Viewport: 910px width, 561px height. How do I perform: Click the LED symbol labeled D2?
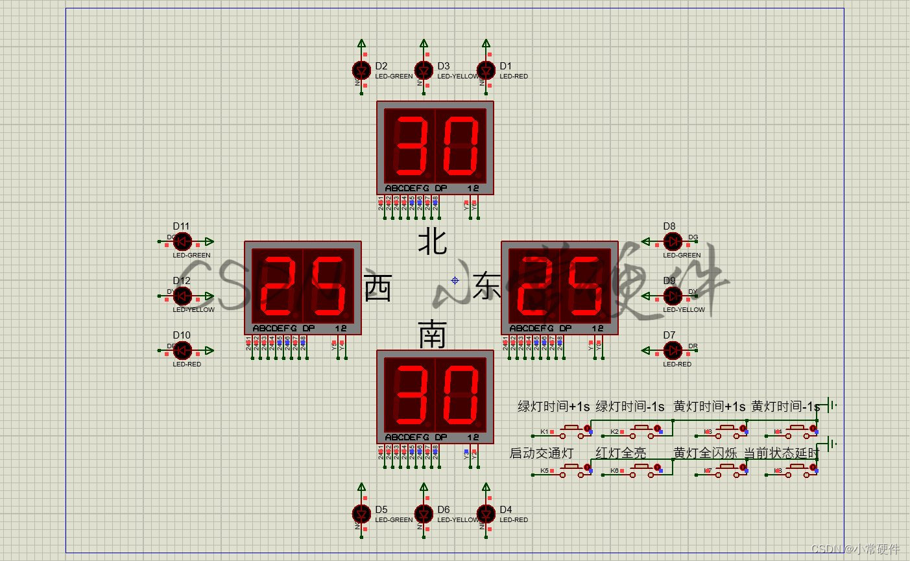[x=361, y=70]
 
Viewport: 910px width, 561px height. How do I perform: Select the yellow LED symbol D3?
[x=424, y=70]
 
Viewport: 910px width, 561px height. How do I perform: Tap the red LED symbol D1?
[x=486, y=70]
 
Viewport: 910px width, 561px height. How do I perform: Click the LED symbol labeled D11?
[x=183, y=241]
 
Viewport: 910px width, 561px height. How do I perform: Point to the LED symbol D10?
[x=183, y=350]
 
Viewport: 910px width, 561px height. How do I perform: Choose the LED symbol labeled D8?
[x=673, y=241]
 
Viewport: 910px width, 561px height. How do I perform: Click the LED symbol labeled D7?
[x=673, y=350]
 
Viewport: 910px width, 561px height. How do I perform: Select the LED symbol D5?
[x=361, y=514]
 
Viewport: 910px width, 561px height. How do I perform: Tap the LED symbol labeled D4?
[x=486, y=514]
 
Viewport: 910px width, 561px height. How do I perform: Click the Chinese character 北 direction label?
[x=432, y=242]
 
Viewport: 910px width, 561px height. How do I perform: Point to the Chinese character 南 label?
[x=432, y=333]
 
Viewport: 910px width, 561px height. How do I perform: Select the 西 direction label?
[x=378, y=288]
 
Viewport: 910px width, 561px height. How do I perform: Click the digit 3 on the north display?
[x=410, y=146]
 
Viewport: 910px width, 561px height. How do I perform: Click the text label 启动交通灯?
[x=542, y=453]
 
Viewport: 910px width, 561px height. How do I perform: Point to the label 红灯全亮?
[x=621, y=453]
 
